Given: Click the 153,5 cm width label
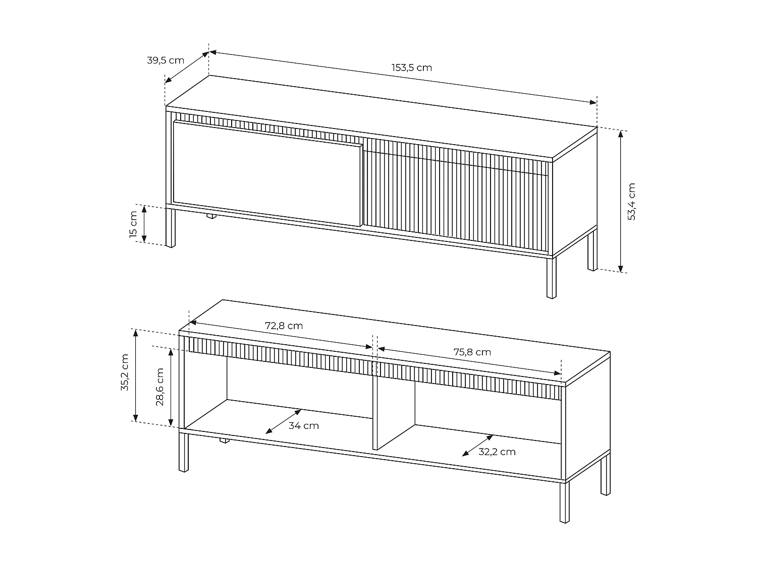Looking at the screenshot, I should (411, 68).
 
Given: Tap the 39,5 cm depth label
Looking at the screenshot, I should (165, 60).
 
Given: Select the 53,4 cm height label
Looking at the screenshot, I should (631, 201).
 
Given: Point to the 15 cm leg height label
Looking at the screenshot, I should (133, 224).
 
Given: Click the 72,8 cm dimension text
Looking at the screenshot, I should (284, 326).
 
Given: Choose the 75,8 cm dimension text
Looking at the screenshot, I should (472, 352).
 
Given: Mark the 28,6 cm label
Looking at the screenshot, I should (160, 387).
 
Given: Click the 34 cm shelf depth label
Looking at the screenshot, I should (303, 426).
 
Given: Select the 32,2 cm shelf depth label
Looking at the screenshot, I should (497, 452).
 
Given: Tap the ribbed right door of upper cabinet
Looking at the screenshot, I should (454, 199).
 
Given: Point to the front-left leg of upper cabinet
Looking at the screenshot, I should (171, 227).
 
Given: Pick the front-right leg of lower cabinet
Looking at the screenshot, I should (565, 501).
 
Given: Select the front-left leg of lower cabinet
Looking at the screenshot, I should (184, 452).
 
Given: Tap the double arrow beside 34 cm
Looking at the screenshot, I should (283, 421).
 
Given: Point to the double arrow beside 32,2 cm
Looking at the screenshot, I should (477, 446).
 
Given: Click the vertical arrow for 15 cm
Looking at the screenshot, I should (144, 224).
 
